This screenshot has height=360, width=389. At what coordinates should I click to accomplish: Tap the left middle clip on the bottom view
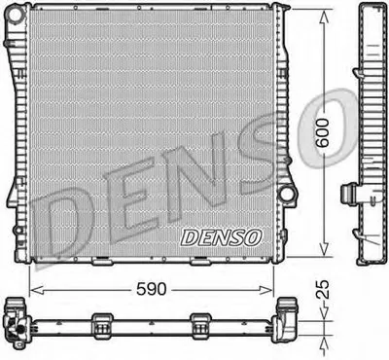click(x=102, y=323)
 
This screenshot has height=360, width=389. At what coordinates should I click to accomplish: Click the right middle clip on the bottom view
click(x=201, y=323)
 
